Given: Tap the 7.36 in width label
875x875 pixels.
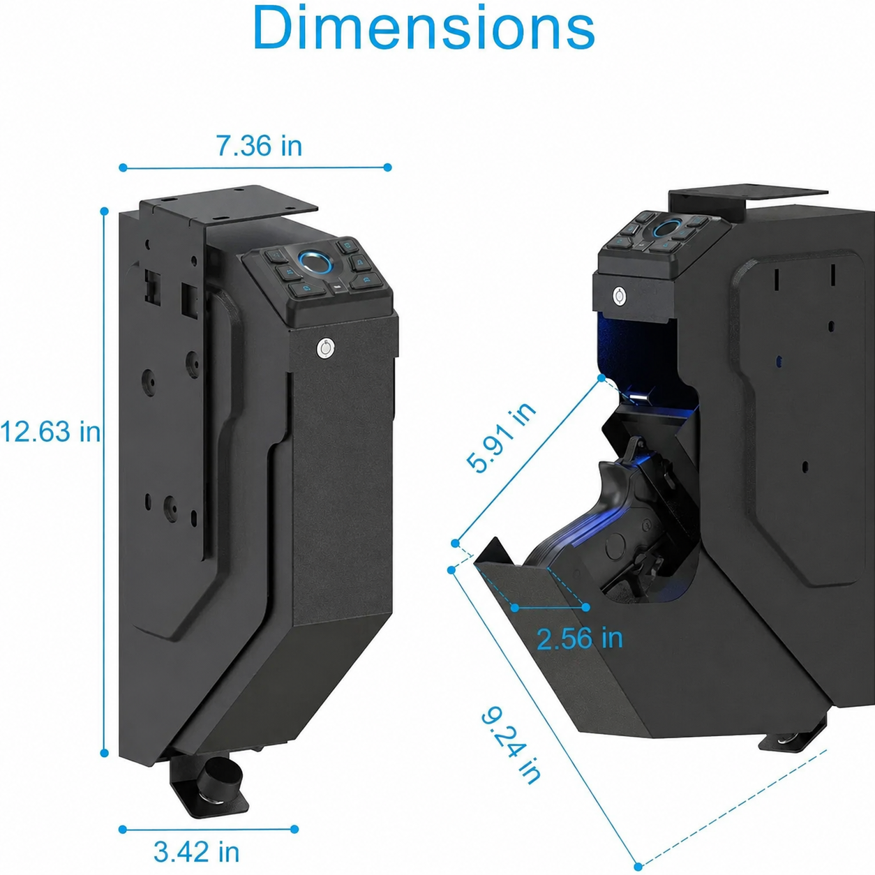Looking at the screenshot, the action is point(259,146).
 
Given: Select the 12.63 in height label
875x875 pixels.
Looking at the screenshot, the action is point(50,431).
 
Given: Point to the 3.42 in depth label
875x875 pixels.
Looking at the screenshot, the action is point(196,852).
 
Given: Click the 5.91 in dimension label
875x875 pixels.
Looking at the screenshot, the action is point(501,437).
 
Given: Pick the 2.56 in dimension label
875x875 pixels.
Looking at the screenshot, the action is point(580,638).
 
